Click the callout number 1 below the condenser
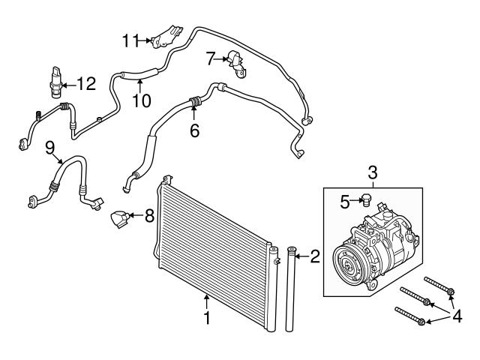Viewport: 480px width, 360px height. [207, 318]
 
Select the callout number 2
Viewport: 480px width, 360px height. [315, 256]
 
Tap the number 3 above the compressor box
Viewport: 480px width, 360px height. [372, 173]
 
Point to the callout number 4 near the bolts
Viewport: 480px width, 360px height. [457, 316]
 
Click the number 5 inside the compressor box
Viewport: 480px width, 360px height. [345, 202]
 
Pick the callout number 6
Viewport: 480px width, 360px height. [195, 130]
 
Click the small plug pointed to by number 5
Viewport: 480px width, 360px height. [365, 200]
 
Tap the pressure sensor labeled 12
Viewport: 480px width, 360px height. [56, 82]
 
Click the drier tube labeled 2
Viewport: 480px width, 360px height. [290, 289]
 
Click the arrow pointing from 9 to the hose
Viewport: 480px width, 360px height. [58, 158]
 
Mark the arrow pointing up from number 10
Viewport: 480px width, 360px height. [140, 85]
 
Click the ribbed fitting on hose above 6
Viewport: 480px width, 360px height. [195, 101]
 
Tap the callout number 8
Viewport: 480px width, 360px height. [149, 216]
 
